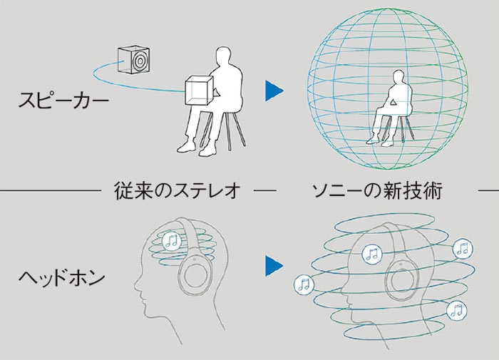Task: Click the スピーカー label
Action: (64, 99)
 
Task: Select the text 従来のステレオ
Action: (175, 190)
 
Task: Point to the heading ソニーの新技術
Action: (377, 190)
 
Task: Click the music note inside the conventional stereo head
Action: (171, 241)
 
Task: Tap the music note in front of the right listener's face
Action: (304, 284)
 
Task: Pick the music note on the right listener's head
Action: (371, 253)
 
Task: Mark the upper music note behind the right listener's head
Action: (462, 248)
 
